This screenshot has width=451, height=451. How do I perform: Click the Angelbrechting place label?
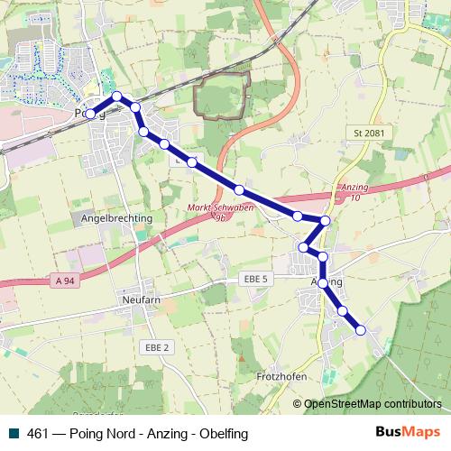coord(116,218)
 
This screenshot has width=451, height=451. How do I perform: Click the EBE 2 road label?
coord(156,345)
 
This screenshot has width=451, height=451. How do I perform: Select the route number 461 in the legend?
coord(38,433)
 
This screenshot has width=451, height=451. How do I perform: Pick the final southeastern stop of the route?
coord(361,330)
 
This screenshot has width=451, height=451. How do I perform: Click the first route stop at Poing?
coord(89,115)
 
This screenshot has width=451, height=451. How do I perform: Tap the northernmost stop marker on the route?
coord(116,96)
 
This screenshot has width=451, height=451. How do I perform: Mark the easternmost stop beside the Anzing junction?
coord(326,221)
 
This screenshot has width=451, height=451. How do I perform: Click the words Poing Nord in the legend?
coord(99,433)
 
